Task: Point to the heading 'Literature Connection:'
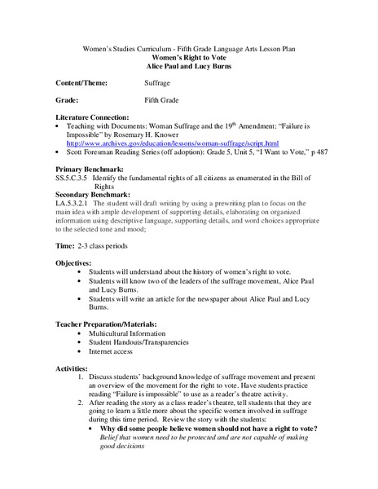[94, 118]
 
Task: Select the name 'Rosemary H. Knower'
[183, 133]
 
